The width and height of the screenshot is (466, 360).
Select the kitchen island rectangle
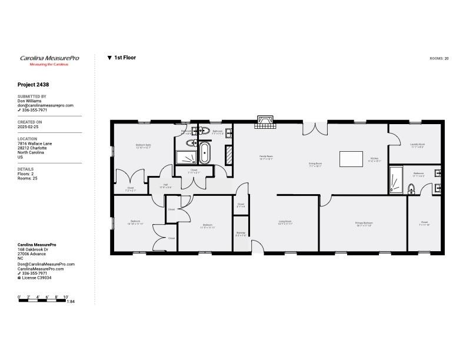point(351,159)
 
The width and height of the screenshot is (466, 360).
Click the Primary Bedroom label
point(364,224)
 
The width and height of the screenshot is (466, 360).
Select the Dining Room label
point(315,164)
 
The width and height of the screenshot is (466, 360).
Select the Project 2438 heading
point(34,85)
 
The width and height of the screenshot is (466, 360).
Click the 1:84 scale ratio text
point(71,302)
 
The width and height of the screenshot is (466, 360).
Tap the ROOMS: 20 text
point(439,59)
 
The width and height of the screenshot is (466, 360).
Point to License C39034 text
point(36,278)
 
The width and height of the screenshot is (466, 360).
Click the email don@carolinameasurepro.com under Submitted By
point(45,105)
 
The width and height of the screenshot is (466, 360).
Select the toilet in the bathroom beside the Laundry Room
point(411,188)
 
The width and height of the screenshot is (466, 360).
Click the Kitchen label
point(375,159)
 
